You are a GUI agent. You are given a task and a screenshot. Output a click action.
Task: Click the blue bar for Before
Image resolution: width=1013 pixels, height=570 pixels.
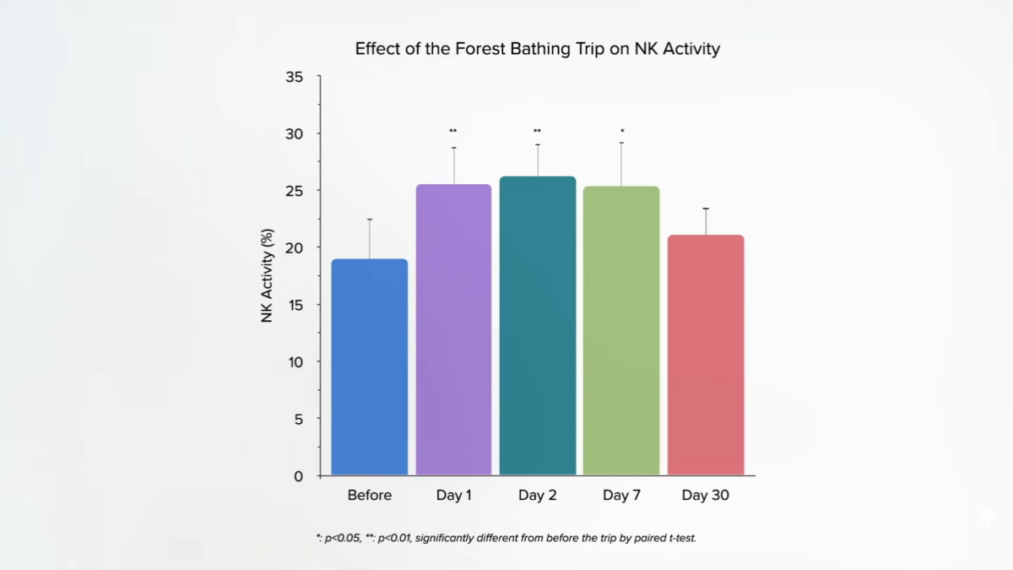pyautogui.click(x=369, y=367)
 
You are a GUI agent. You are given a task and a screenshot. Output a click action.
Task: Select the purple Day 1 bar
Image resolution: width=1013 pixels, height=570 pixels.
pyautogui.click(x=453, y=329)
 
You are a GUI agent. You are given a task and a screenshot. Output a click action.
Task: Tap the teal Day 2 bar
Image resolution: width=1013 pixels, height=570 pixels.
pyautogui.click(x=538, y=325)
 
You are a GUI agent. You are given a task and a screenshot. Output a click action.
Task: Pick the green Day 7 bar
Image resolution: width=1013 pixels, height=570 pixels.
pyautogui.click(x=621, y=330)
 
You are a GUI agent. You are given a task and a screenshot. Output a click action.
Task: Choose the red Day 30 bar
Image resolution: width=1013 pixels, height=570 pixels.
pyautogui.click(x=706, y=355)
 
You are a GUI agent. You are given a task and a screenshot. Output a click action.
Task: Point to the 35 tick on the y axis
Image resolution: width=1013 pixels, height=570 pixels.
pyautogui.click(x=295, y=77)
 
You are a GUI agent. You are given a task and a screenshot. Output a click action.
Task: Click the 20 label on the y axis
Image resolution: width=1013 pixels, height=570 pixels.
pyautogui.click(x=295, y=247)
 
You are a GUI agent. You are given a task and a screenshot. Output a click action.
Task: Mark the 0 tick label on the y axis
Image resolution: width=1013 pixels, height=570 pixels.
pyautogui.click(x=298, y=476)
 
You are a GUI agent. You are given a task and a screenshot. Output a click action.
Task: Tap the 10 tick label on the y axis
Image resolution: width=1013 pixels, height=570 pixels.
pyautogui.click(x=295, y=361)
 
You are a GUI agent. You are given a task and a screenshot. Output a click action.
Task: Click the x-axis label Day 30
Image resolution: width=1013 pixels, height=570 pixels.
pyautogui.click(x=706, y=496)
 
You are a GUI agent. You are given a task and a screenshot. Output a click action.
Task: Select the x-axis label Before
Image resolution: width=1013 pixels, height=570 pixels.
pyautogui.click(x=370, y=496)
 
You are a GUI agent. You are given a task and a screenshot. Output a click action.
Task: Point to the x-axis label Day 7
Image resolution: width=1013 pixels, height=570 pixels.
pyautogui.click(x=621, y=496)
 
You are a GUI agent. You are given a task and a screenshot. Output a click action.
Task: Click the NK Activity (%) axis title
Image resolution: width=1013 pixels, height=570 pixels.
pyautogui.click(x=268, y=275)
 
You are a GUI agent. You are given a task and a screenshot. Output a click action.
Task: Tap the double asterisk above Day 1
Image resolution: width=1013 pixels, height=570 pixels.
pyautogui.click(x=453, y=131)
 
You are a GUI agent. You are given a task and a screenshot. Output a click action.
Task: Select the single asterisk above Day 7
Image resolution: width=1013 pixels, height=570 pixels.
pyautogui.click(x=622, y=131)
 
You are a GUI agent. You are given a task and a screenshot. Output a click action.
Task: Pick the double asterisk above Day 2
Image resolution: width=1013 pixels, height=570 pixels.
pyautogui.click(x=538, y=131)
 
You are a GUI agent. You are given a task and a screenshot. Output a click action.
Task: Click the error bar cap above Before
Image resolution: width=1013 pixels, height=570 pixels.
pyautogui.click(x=369, y=220)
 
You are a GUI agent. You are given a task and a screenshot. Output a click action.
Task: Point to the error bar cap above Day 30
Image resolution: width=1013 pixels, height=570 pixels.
pyautogui.click(x=706, y=209)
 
